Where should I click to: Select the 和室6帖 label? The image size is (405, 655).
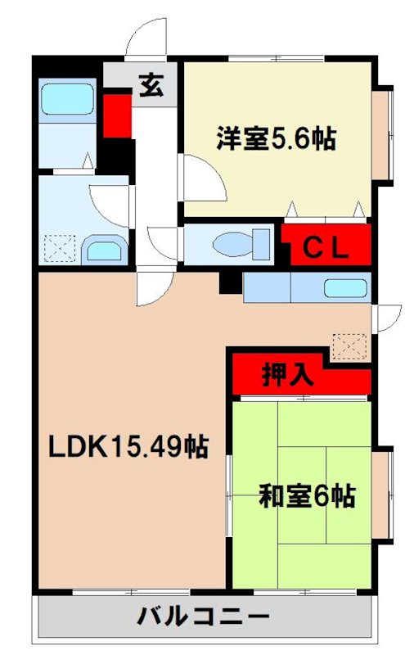coord(307,495)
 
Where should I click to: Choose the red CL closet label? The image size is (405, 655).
coord(327,246)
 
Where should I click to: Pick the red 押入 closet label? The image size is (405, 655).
coord(287,374)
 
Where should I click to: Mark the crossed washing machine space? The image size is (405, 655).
coord(60,247)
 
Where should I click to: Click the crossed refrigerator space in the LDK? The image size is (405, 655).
coord(347,344)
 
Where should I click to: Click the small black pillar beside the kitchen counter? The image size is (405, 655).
coord(232,283)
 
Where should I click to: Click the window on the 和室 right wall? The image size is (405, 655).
coord(383,495)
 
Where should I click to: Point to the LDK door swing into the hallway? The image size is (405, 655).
coord(154,286)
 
